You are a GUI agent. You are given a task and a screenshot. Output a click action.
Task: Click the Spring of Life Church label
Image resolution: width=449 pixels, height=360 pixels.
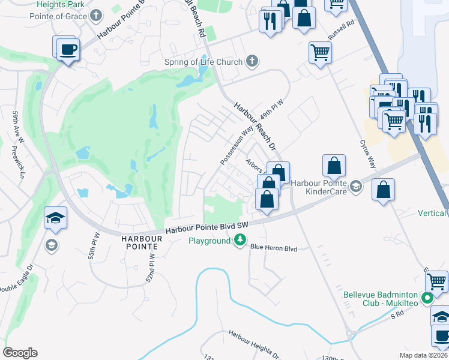(x=203, y=62)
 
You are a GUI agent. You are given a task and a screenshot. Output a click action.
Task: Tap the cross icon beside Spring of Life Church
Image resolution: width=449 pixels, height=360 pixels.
(x=252, y=61)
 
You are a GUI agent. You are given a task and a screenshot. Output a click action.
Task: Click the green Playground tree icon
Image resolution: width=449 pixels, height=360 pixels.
(x=240, y=241)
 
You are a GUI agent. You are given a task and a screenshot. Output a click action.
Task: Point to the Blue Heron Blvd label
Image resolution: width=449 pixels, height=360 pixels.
(x=274, y=247)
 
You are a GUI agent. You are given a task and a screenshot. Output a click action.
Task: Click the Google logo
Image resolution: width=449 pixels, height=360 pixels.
(x=20, y=353)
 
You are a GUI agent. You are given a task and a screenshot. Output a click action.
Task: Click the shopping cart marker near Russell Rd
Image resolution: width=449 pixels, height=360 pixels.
(x=321, y=53)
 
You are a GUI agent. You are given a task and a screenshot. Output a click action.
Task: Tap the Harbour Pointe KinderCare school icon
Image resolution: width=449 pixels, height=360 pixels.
(x=357, y=187)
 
